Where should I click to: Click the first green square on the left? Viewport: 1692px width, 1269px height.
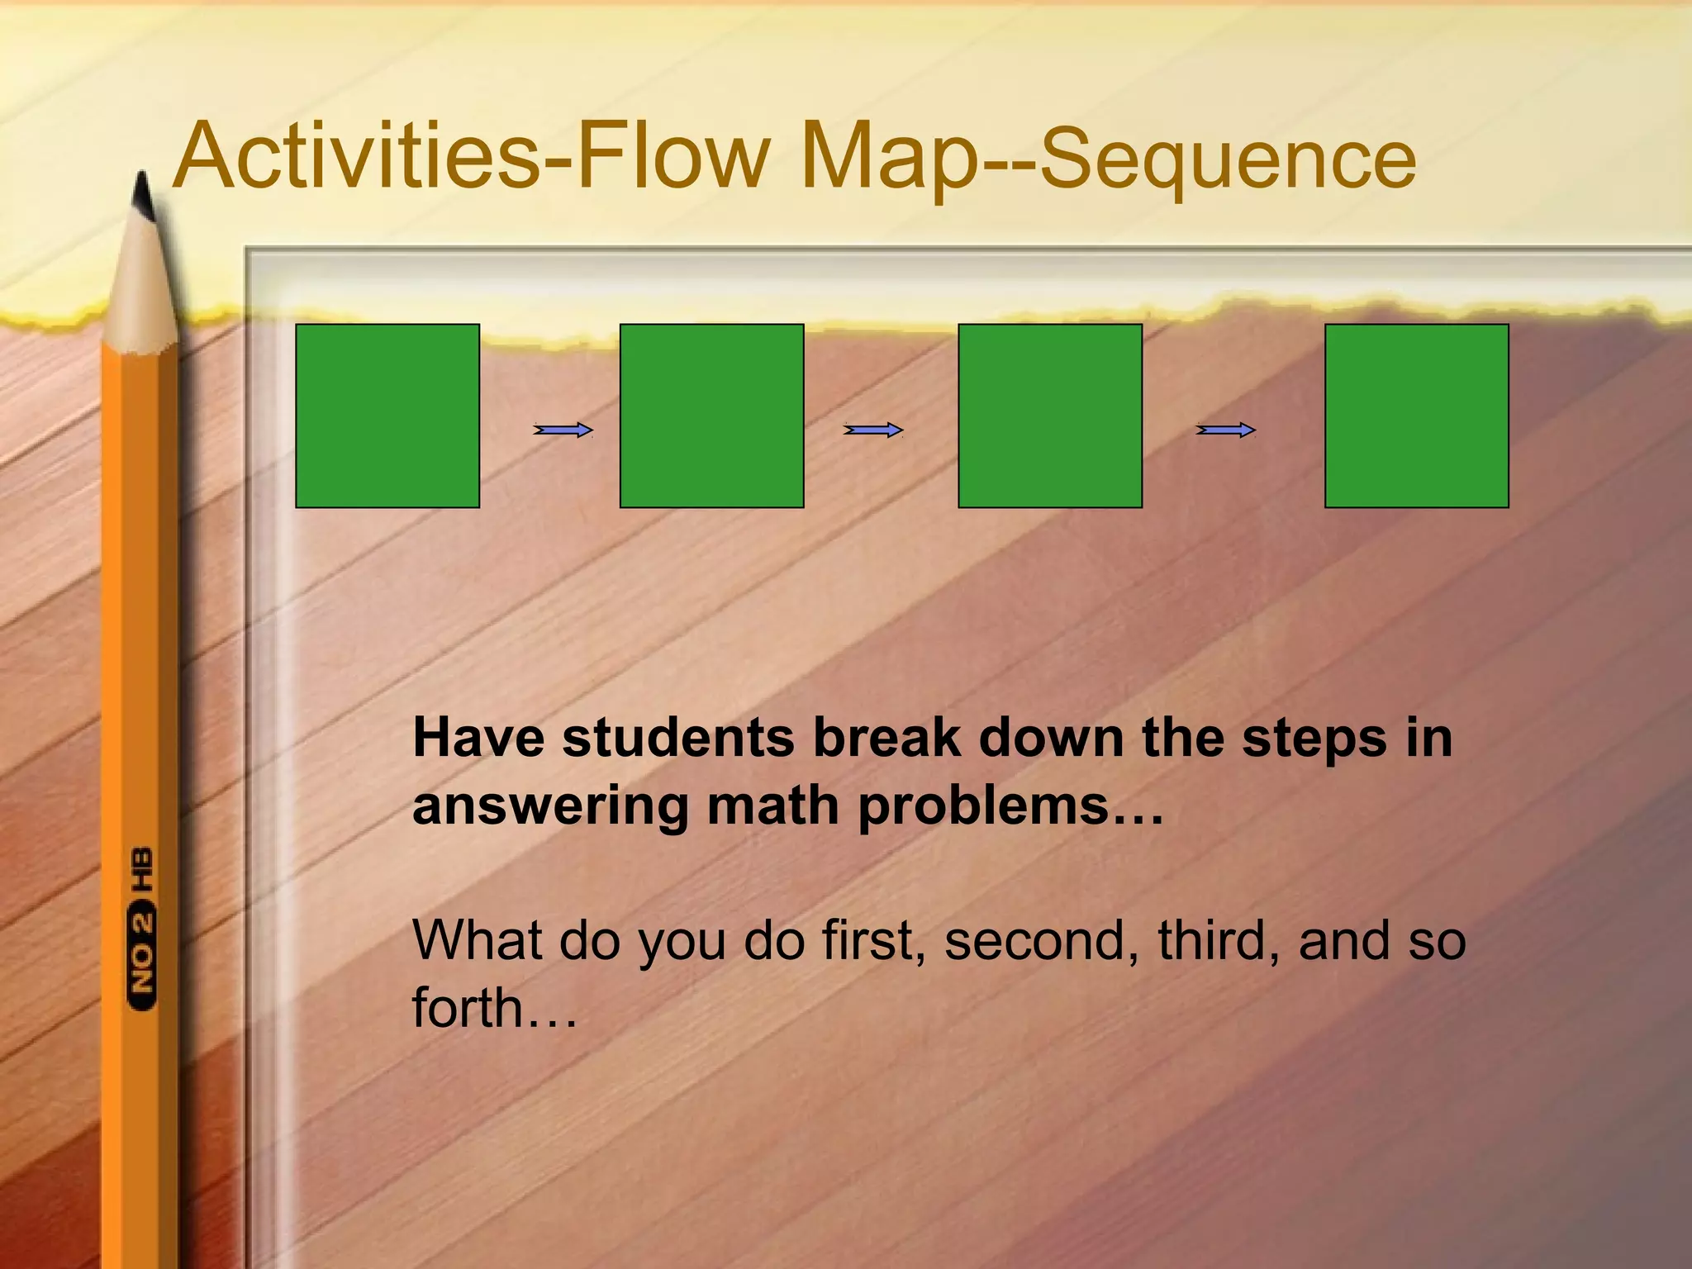pyautogui.click(x=387, y=416)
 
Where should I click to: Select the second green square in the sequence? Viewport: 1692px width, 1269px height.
pyautogui.click(x=711, y=416)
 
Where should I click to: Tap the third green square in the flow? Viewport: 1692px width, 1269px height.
pyautogui.click(x=1050, y=416)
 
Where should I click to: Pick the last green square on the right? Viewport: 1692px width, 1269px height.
pyautogui.click(x=1417, y=416)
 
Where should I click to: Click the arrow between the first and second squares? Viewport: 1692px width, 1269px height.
pyautogui.click(x=563, y=430)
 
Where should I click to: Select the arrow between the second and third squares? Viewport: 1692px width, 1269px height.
pyautogui.click(x=873, y=430)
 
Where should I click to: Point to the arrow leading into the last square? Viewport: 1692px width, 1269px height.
pyautogui.click(x=1226, y=430)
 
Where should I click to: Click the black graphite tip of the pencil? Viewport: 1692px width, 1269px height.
pyautogui.click(x=143, y=198)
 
